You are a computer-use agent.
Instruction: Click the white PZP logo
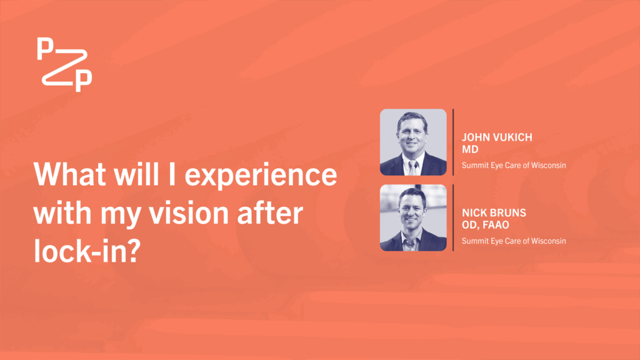pyautogui.click(x=64, y=64)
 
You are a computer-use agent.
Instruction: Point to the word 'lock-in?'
pyautogui.click(x=87, y=251)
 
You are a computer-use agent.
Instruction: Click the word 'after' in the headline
pyautogui.click(x=270, y=212)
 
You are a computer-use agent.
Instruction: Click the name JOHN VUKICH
pyautogui.click(x=497, y=137)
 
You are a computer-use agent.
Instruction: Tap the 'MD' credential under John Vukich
pyautogui.click(x=470, y=149)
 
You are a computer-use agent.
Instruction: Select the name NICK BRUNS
pyautogui.click(x=494, y=212)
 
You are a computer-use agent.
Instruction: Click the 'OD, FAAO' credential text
pyautogui.click(x=485, y=225)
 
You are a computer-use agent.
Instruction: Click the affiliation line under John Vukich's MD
pyautogui.click(x=514, y=165)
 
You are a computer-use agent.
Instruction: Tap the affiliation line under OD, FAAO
pyautogui.click(x=514, y=241)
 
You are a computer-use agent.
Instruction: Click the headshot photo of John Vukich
pyautogui.click(x=413, y=142)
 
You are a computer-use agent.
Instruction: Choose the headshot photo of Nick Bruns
pyautogui.click(x=413, y=217)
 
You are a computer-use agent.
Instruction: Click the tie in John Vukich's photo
pyautogui.click(x=412, y=167)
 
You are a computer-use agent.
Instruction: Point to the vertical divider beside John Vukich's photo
pyautogui.click(x=453, y=142)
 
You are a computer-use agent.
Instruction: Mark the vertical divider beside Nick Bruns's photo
pyautogui.click(x=453, y=217)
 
